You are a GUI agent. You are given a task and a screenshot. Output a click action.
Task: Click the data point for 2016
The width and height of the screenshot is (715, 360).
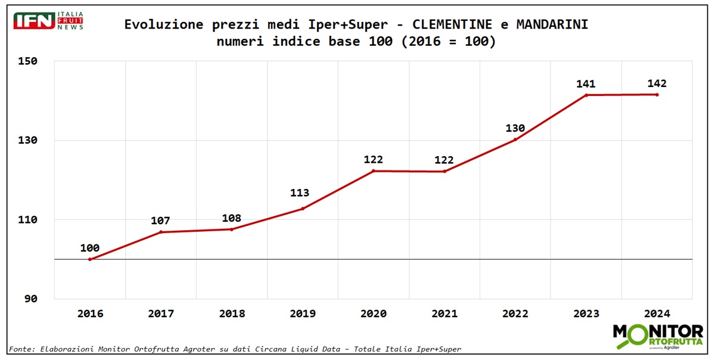[90, 259]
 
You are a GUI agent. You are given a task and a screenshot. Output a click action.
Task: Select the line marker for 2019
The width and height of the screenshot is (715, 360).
[303, 209]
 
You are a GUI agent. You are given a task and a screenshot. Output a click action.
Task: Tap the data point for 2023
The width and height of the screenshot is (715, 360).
[586, 95]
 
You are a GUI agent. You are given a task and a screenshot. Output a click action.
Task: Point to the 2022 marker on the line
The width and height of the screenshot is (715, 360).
[515, 139]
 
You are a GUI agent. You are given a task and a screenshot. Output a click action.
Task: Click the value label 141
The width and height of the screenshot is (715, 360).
[586, 84]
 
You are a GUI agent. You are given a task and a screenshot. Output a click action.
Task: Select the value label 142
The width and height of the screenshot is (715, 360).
[657, 83]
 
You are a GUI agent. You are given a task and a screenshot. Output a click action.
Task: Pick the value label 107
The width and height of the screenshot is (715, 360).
[160, 221]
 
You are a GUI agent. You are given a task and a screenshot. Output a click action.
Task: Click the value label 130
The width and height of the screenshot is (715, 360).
[515, 128]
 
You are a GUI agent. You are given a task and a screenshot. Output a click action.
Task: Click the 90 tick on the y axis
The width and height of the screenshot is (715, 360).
[30, 299]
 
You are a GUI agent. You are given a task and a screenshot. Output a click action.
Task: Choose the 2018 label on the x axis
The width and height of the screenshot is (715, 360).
[231, 314]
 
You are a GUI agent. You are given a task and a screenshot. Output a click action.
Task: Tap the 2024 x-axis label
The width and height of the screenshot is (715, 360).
[657, 314]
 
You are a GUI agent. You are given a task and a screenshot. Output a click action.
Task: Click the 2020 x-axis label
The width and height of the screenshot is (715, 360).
[373, 314]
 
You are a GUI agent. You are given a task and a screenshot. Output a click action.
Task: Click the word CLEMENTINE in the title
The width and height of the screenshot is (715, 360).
[452, 24]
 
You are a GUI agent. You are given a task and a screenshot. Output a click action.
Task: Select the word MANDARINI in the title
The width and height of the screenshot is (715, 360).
[552, 24]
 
